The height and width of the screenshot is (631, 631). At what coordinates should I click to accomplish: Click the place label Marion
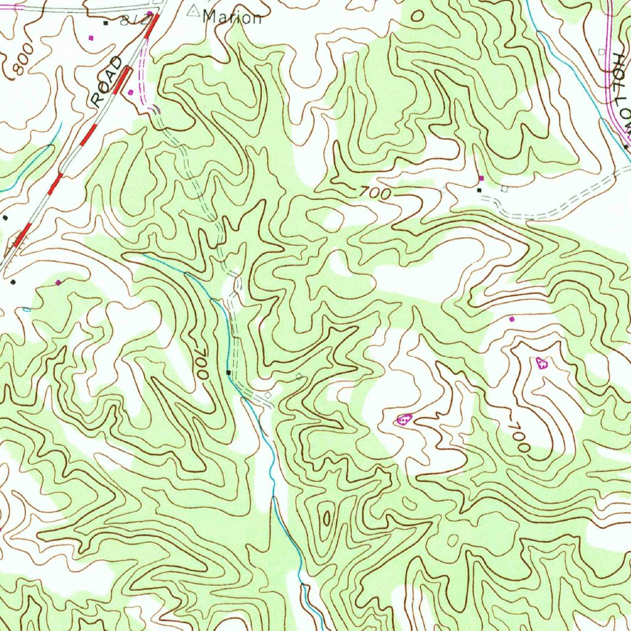click(232, 17)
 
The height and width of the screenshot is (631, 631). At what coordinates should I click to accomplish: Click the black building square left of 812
click(105, 23)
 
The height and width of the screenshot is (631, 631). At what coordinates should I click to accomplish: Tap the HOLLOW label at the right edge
click(622, 92)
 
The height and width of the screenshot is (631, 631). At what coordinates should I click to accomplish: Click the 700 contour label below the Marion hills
click(375, 193)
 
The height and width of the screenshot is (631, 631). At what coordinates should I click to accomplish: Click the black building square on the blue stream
click(229, 373)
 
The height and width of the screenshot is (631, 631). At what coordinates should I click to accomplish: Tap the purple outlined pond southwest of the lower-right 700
click(404, 420)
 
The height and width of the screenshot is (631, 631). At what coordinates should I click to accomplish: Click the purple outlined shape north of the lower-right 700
click(542, 362)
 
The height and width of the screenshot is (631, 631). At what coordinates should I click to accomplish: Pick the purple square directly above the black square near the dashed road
click(481, 178)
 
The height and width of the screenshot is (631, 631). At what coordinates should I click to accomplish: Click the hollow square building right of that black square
click(504, 188)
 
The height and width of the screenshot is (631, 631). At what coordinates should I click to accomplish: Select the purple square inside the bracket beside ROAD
click(131, 92)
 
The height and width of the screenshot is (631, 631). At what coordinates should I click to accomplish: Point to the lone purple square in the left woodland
click(59, 282)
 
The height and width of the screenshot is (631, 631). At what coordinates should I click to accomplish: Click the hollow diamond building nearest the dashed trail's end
click(268, 394)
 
